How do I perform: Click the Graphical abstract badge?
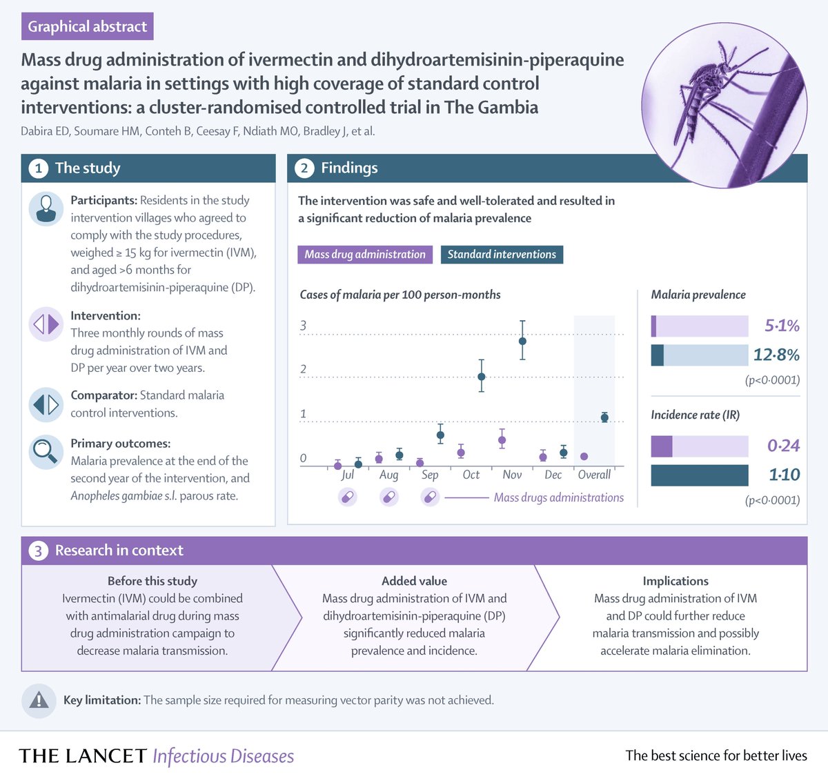pyautogui.click(x=87, y=26)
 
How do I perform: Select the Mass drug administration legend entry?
pyautogui.click(x=365, y=255)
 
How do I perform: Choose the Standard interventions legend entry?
pyautogui.click(x=502, y=255)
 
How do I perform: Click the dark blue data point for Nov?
pyautogui.click(x=522, y=341)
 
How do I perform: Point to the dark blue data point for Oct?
pyautogui.click(x=482, y=377)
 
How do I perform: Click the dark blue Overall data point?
pyautogui.click(x=604, y=417)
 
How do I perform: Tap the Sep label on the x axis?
pyautogui.click(x=430, y=475)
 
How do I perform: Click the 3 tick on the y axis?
pyautogui.click(x=303, y=326)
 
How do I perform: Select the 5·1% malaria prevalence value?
pyautogui.click(x=782, y=326)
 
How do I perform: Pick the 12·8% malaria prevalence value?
pyautogui.click(x=776, y=355)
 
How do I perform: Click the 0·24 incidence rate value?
pyautogui.click(x=783, y=446)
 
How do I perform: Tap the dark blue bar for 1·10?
pyautogui.click(x=699, y=475)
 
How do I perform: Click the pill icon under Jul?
pyautogui.click(x=348, y=497)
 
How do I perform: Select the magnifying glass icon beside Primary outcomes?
pyautogui.click(x=46, y=452)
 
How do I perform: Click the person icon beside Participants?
pyautogui.click(x=46, y=208)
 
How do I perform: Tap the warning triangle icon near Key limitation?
pyautogui.click(x=39, y=700)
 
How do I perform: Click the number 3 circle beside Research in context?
pyautogui.click(x=39, y=551)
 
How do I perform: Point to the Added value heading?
pyautogui.click(x=414, y=581)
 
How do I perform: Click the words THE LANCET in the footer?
pyautogui.click(x=83, y=756)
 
